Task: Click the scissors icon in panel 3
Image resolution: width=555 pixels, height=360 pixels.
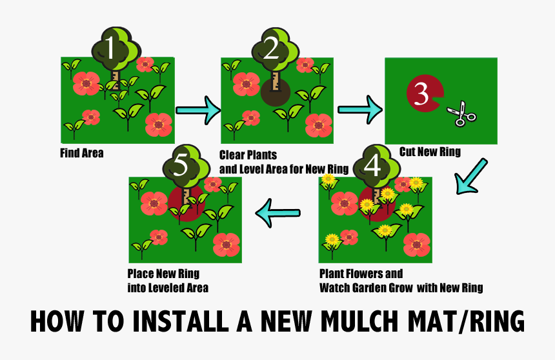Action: pyautogui.click(x=461, y=114)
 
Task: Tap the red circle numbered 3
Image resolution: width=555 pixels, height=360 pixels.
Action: pyautogui.click(x=424, y=94)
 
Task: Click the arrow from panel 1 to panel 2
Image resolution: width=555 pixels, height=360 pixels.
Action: pyautogui.click(x=198, y=110)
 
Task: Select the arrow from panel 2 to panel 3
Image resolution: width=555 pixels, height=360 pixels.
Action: pyautogui.click(x=360, y=110)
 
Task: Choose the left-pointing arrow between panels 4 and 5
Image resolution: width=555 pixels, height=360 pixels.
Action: pyautogui.click(x=278, y=213)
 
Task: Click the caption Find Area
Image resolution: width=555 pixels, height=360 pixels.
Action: pyautogui.click(x=82, y=154)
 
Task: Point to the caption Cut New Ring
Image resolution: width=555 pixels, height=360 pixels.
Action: pyautogui.click(x=430, y=152)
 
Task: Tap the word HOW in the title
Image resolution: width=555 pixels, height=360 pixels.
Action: pyautogui.click(x=57, y=321)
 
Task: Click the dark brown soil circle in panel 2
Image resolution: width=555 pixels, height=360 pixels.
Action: pyautogui.click(x=276, y=92)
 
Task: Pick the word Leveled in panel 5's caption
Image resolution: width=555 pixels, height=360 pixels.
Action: pyautogui.click(x=166, y=288)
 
